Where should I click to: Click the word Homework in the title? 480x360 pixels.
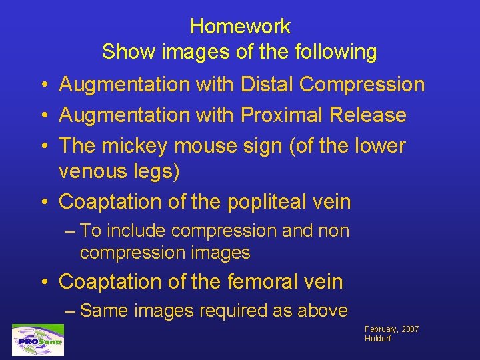click(x=240, y=27)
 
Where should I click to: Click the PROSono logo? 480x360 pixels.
click(x=38, y=340)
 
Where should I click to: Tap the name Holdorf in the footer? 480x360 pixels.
click(x=378, y=339)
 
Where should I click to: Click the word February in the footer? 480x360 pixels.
click(x=381, y=329)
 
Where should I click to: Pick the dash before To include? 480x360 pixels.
click(x=71, y=231)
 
